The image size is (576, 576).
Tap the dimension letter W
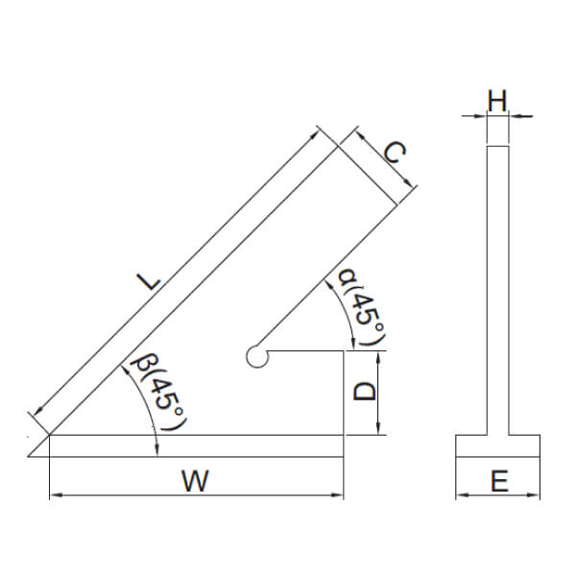tap(195, 480)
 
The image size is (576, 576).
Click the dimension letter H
tap(496, 100)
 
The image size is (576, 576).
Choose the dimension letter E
tap(498, 480)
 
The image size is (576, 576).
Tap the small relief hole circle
tap(256, 356)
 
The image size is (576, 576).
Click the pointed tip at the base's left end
tap(30, 456)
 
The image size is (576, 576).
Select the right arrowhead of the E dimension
tap(535, 495)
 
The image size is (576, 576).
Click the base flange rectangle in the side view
tap(497, 446)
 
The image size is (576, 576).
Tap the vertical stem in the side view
tap(497, 288)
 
